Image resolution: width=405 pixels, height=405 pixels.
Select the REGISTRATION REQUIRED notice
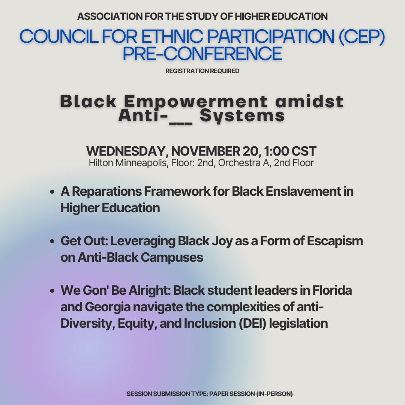(x=202, y=71)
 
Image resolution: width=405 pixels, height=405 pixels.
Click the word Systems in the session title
(x=242, y=115)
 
